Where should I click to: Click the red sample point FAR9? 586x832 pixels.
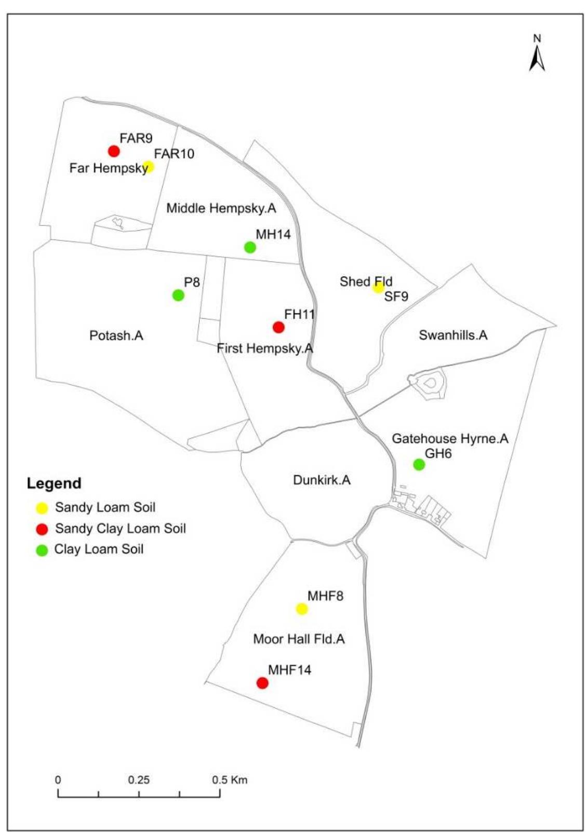114,151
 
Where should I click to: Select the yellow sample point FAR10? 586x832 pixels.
148,167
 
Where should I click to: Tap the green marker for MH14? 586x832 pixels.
250,247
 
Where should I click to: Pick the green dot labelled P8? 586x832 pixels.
178,295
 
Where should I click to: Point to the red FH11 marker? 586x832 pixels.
278,327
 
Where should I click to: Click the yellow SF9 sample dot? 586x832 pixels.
378,287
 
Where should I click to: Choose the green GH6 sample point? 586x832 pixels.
419,464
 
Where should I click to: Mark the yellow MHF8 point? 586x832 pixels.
302,609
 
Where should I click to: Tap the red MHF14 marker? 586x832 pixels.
262,683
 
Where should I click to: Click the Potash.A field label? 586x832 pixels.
116,336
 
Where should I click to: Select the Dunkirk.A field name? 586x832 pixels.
322,479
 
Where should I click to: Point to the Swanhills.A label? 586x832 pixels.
453,335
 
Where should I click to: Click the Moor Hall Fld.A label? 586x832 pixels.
299,639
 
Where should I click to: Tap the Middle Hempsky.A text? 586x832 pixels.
221,208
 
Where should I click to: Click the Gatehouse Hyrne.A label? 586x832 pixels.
450,438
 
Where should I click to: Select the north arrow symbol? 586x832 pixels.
537,56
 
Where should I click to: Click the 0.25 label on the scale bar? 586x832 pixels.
139,780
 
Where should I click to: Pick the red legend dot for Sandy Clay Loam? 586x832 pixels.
42,529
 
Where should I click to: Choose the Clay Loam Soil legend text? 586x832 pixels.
99,549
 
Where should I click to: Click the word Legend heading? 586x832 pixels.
54,483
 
